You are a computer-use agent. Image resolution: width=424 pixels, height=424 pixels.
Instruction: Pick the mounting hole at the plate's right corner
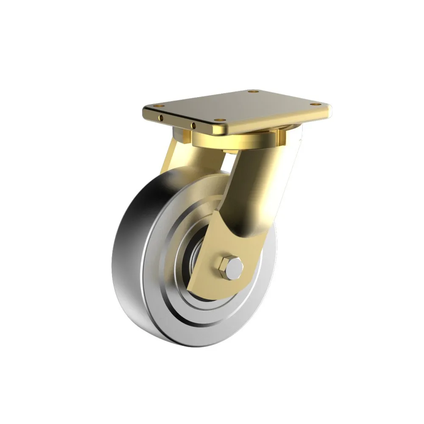(x=314, y=103)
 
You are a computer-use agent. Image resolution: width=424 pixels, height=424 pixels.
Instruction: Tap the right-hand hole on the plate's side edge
(x=193, y=125)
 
